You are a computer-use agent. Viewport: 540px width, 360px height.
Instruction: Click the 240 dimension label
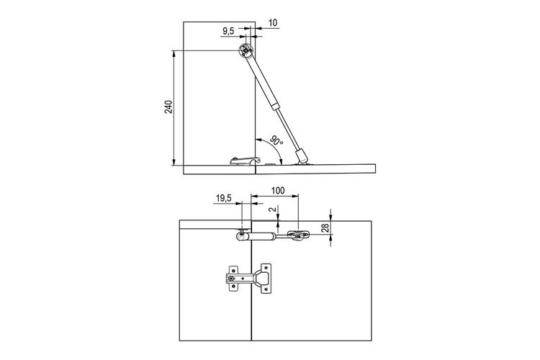point(168,107)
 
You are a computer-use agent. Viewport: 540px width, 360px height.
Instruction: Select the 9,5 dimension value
point(228,31)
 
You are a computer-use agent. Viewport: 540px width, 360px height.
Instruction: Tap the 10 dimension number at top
point(273,23)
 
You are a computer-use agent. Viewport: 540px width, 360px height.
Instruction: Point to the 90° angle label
point(276,140)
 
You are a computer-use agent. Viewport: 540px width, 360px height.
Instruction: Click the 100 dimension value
point(278,190)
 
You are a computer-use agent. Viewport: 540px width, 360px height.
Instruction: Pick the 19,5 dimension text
point(224,198)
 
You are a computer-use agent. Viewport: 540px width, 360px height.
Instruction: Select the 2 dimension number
point(272,210)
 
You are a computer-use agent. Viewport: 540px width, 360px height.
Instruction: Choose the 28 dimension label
point(325,228)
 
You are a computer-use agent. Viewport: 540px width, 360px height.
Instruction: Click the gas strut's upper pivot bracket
point(246,50)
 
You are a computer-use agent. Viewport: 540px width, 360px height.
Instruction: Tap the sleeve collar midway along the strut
point(274,107)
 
